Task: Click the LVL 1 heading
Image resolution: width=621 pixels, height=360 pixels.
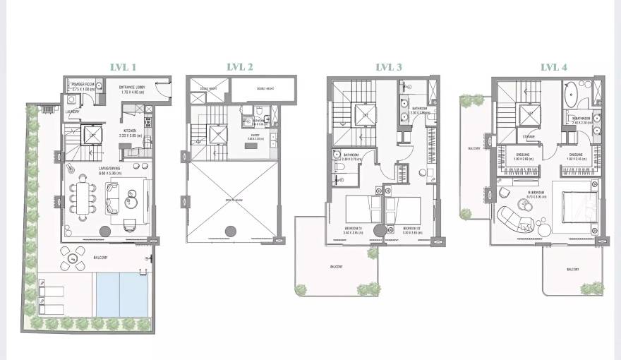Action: pyautogui.click(x=123, y=67)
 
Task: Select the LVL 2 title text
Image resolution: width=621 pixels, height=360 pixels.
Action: pyautogui.click(x=240, y=67)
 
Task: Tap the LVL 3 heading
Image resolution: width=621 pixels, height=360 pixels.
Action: pyautogui.click(x=389, y=67)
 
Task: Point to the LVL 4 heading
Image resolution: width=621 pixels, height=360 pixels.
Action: pyautogui.click(x=554, y=67)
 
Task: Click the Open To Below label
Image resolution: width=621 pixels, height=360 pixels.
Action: pyautogui.click(x=233, y=200)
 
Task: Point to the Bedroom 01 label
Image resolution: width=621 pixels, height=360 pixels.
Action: pyautogui.click(x=354, y=229)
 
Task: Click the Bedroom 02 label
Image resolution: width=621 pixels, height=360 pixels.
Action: pyautogui.click(x=412, y=229)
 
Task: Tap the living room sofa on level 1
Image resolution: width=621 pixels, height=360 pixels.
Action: pyautogui.click(x=112, y=198)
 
